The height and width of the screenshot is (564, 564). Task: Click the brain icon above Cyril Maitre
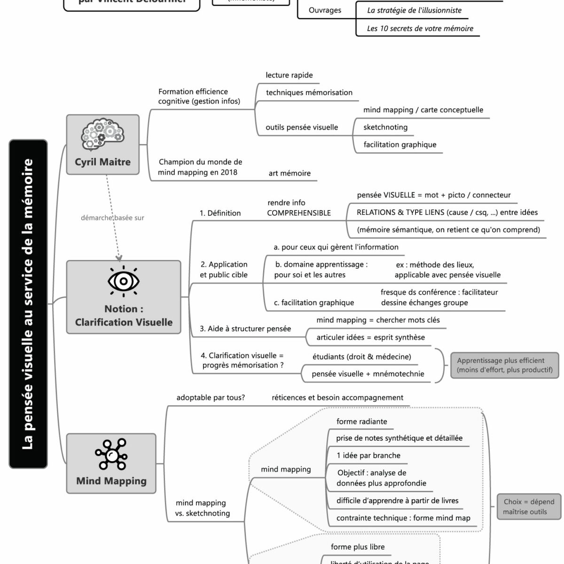click(x=102, y=135)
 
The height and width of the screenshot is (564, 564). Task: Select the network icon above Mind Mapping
click(x=111, y=454)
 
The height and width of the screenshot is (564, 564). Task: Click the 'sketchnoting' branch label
click(x=385, y=127)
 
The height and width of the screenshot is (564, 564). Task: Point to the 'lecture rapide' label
click(x=289, y=75)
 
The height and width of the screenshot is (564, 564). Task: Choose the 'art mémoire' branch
click(x=290, y=173)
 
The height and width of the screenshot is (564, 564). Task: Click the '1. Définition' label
click(x=220, y=213)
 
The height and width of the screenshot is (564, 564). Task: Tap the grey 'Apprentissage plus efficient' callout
click(x=505, y=365)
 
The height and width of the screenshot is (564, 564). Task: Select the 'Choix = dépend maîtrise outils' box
click(x=529, y=507)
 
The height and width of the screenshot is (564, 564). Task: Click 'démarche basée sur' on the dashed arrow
click(x=112, y=218)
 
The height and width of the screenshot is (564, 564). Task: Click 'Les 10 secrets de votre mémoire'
click(x=420, y=29)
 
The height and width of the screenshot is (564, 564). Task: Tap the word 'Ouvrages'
click(x=325, y=10)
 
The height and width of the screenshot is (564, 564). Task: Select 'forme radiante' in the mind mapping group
click(x=361, y=422)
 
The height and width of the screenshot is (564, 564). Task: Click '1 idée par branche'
click(x=368, y=455)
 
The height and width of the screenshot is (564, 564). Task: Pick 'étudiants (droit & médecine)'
click(x=361, y=357)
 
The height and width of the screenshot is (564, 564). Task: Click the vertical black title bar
click(x=28, y=304)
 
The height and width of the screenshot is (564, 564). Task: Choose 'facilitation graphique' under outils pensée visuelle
click(x=399, y=145)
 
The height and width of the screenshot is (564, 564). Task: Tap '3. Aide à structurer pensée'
click(x=245, y=329)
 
